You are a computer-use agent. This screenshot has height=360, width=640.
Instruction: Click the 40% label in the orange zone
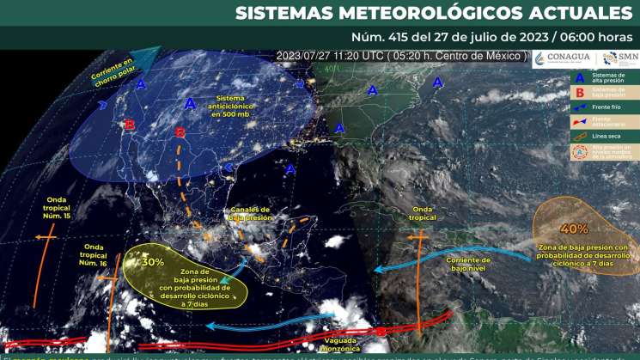tap(575, 229)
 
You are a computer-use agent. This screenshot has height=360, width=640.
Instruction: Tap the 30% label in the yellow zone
tap(154, 262)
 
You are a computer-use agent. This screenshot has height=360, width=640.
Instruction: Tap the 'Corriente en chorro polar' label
tap(113, 72)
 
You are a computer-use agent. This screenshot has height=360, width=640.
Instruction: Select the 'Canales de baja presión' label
tap(250, 213)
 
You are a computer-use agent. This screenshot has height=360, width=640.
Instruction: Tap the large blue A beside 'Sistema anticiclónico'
tap(191, 103)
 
